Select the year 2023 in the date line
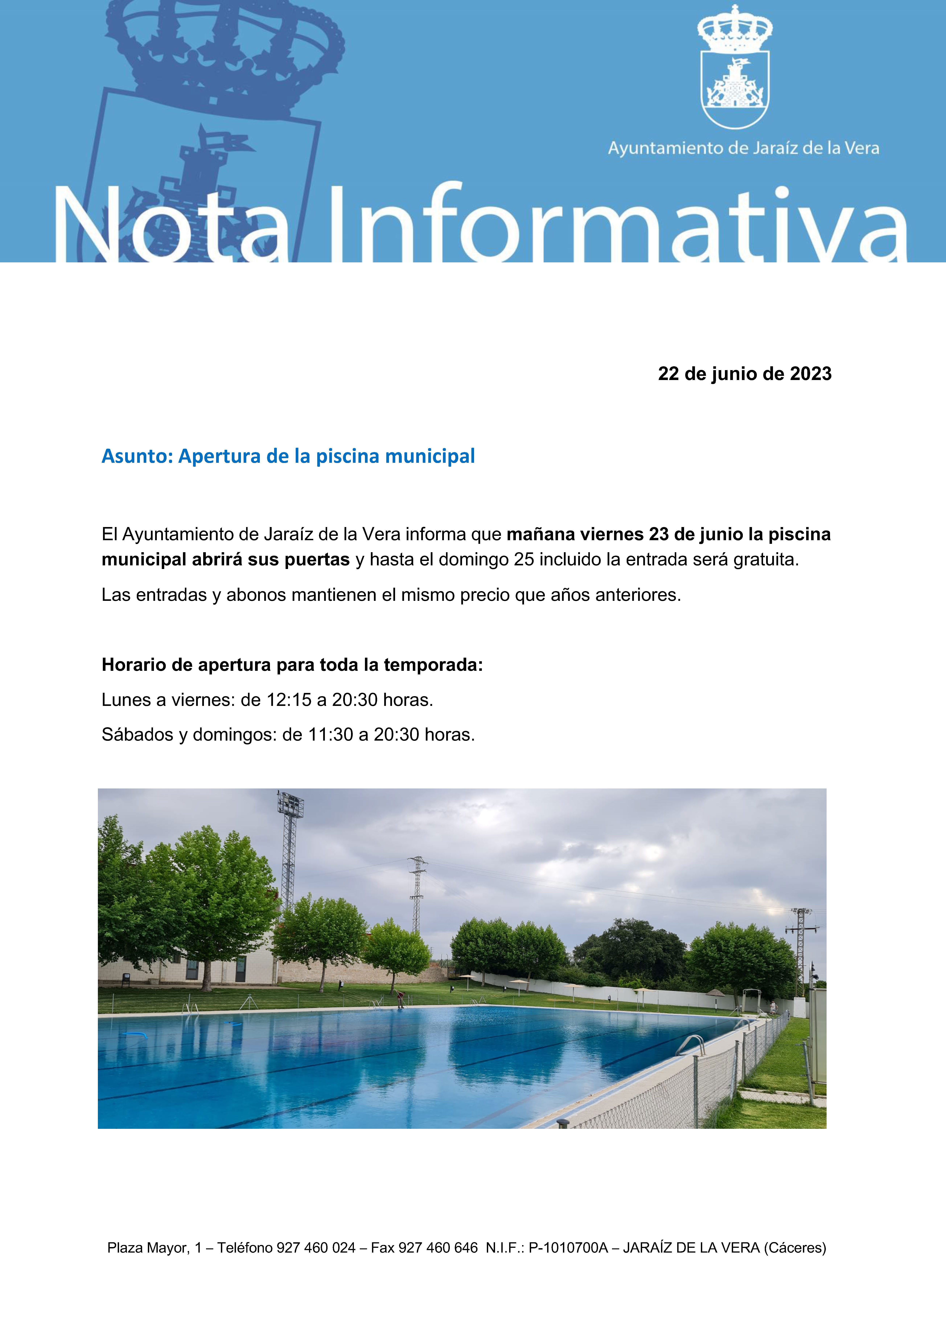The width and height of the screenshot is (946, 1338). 810,374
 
